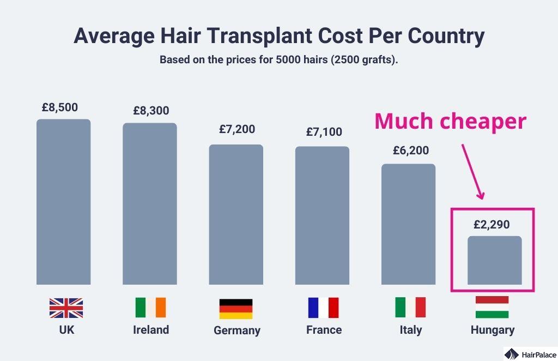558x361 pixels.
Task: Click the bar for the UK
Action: pos(63,202)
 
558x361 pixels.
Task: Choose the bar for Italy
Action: pos(408,224)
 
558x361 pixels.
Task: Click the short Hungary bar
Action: pos(494,260)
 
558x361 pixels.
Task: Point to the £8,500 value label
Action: pos(59,107)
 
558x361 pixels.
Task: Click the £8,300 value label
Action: pos(151,111)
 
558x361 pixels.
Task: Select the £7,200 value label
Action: pos(237,129)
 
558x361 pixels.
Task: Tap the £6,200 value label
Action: pos(410,151)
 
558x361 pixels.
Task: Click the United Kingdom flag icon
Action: pos(66,308)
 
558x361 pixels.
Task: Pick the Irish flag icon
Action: pos(151,308)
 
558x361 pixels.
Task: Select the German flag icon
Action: pos(236,309)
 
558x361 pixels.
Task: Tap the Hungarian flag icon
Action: pos(492,307)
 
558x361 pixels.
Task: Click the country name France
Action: pos(324,330)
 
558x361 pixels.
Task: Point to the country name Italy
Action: pos(410,330)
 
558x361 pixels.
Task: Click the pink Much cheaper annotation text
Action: pos(450,121)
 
